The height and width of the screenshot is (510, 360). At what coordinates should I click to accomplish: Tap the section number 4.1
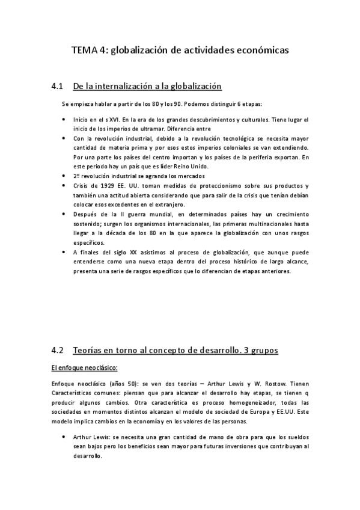(58, 86)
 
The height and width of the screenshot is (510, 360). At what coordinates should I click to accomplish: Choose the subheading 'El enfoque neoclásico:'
(84, 367)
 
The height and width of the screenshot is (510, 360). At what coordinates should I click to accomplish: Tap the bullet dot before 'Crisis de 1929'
(64, 185)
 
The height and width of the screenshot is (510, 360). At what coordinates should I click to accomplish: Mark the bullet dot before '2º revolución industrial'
(64, 176)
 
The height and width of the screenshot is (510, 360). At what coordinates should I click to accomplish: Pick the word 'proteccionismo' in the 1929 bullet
(225, 185)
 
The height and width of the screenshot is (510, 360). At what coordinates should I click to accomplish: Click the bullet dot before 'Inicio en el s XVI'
(64, 119)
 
